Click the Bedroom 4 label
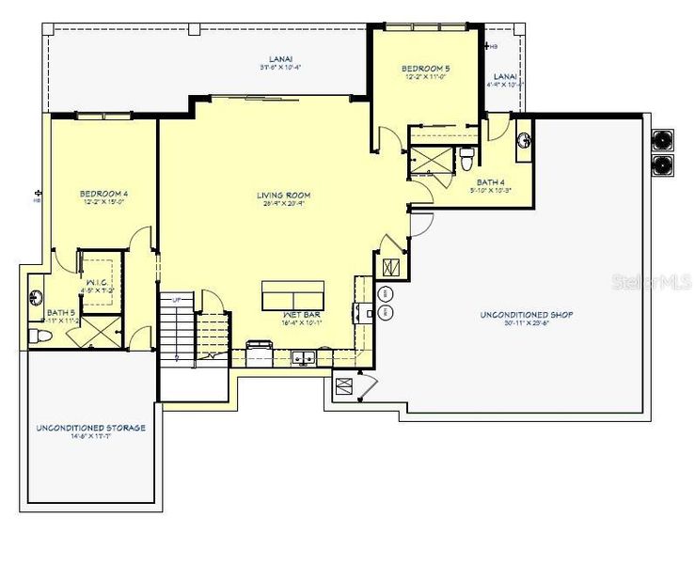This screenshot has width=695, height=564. click(x=103, y=195)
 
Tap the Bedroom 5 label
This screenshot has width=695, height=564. click(x=426, y=69)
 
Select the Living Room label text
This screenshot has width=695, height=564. click(x=284, y=196)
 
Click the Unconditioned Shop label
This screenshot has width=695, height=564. click(x=527, y=314)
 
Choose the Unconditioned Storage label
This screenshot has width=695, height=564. click(x=90, y=428)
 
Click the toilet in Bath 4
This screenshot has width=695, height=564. click(x=467, y=159)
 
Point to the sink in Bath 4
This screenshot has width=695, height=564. click(x=525, y=143)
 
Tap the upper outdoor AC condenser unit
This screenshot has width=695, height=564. click(x=665, y=140)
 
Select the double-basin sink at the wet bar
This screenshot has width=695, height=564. click(x=304, y=357)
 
